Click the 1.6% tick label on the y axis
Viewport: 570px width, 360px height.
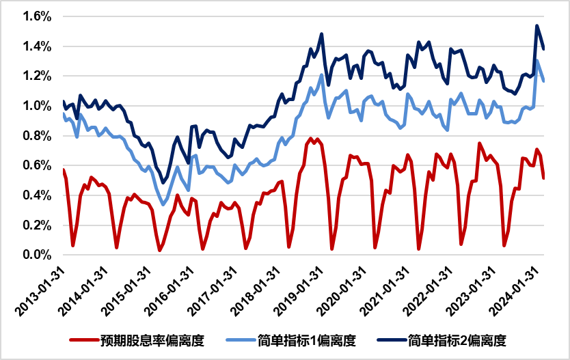click(x=37, y=16)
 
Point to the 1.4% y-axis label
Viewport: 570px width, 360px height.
click(x=37, y=46)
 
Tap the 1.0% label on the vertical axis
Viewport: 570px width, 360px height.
click(x=37, y=106)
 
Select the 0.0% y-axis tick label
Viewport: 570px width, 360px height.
click(x=37, y=255)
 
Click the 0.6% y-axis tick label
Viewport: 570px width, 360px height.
click(x=37, y=165)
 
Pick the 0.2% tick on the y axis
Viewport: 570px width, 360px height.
click(x=37, y=225)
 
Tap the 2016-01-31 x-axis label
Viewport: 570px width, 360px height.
click(x=169, y=291)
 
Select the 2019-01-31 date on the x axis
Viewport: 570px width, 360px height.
click(x=298, y=291)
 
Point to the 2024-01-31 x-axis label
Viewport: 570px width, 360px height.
click(x=513, y=291)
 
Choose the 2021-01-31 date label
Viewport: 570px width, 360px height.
click(x=384, y=291)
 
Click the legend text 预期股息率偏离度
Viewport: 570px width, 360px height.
click(x=152, y=340)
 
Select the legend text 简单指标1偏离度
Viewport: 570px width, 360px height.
click(x=306, y=340)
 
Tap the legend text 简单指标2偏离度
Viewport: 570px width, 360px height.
click(x=457, y=340)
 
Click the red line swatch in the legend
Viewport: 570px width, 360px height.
click(x=84, y=340)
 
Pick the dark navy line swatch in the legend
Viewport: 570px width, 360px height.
click(x=392, y=340)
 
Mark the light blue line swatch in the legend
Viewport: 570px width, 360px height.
click(x=241, y=340)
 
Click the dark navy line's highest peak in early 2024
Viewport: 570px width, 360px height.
click(x=537, y=26)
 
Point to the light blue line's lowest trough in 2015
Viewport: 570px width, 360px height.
click(x=163, y=204)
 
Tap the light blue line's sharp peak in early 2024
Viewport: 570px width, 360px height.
click(x=537, y=61)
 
